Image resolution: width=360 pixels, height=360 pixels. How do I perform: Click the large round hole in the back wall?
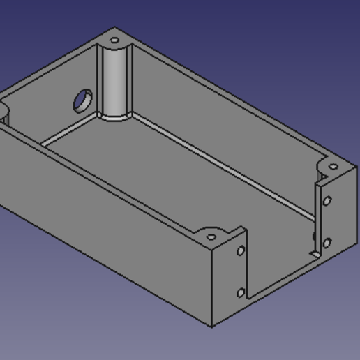click(83, 101)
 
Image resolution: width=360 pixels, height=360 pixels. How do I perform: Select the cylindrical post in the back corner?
click(116, 80)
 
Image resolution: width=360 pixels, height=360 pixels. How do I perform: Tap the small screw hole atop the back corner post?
click(114, 40)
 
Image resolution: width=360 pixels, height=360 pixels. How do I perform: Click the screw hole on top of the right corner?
click(333, 167)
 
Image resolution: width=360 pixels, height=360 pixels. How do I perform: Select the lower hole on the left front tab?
click(241, 293)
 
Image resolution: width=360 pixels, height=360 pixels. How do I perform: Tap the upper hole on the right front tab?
click(327, 202)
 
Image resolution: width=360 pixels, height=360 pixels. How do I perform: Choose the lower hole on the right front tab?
click(327, 243)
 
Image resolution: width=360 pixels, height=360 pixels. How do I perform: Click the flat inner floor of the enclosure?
click(174, 181)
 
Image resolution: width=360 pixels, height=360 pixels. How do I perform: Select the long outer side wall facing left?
click(105, 230)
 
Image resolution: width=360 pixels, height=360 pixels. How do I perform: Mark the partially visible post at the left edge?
click(3, 115)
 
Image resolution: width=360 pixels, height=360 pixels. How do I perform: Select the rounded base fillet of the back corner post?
click(115, 117)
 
